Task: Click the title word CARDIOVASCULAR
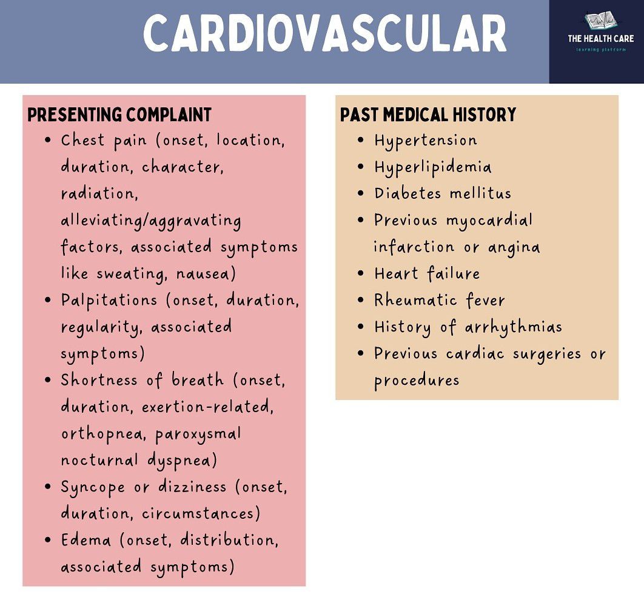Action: click(325, 33)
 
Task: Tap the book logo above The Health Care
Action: click(601, 21)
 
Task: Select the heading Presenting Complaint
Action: click(119, 115)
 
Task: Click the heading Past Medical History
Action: click(428, 115)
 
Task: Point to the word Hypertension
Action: click(426, 141)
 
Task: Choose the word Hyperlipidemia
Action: click(432, 168)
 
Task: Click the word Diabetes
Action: click(408, 193)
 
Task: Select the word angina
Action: click(514, 247)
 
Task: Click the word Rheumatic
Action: click(415, 300)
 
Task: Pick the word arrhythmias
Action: click(514, 327)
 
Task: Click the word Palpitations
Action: click(109, 301)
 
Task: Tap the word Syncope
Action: click(93, 488)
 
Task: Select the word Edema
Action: click(86, 540)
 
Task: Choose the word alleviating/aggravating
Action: click(151, 221)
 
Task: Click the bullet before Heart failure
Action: click(361, 274)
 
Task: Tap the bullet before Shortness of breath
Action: click(48, 380)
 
